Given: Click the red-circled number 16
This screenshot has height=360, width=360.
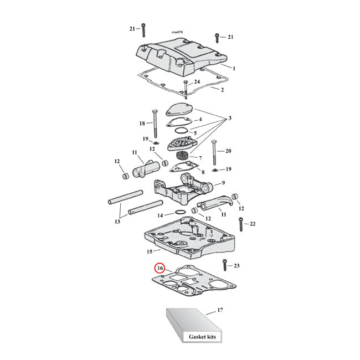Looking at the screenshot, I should point(160,268).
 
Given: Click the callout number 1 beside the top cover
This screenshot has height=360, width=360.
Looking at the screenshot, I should point(234,68).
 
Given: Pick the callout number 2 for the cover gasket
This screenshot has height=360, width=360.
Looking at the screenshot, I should point(222,90).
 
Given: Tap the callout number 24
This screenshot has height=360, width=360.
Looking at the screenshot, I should point(197,81).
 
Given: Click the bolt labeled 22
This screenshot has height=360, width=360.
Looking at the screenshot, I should point(240,224).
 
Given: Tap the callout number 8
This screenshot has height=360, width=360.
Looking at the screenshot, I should point(203,172).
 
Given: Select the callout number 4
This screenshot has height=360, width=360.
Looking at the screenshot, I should point(200,119).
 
